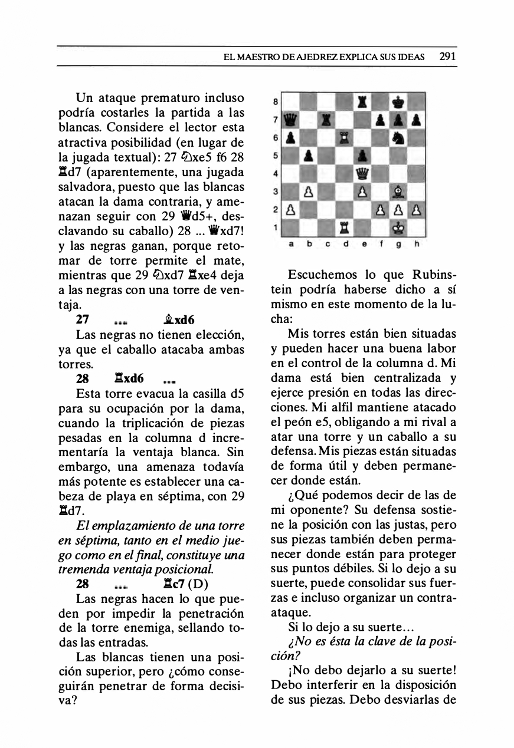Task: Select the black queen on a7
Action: (289, 120)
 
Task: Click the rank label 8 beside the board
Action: (275, 101)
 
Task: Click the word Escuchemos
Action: (320, 275)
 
